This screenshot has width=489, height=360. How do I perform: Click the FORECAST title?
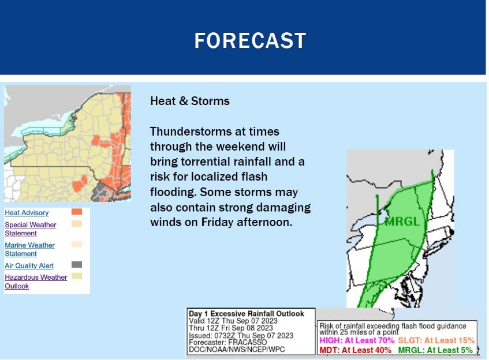tap(250, 40)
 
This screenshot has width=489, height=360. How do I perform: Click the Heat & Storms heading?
tap(189, 101)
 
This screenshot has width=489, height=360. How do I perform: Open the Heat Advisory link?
tap(27, 212)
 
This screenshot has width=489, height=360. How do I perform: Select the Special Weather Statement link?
tap(30, 229)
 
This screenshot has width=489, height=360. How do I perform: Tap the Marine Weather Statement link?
tap(29, 249)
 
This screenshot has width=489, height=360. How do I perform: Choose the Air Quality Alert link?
tap(29, 265)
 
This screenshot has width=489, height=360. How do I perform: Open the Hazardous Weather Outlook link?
tap(36, 282)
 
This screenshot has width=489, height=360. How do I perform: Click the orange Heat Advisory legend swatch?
tap(77, 212)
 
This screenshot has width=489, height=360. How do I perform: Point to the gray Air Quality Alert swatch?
tap(77, 265)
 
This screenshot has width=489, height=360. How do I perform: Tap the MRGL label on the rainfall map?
tap(402, 222)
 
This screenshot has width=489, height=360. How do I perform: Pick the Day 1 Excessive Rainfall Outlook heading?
tap(247, 314)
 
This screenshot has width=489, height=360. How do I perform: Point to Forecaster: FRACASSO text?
tap(227, 342)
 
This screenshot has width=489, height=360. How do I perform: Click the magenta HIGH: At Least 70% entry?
tap(357, 340)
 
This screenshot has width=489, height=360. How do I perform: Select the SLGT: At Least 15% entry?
tap(436, 340)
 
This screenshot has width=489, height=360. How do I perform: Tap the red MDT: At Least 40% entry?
tap(355, 350)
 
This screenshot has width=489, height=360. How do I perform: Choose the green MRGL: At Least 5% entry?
tap(435, 350)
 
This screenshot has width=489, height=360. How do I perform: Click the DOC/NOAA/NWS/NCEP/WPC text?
tap(237, 350)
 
